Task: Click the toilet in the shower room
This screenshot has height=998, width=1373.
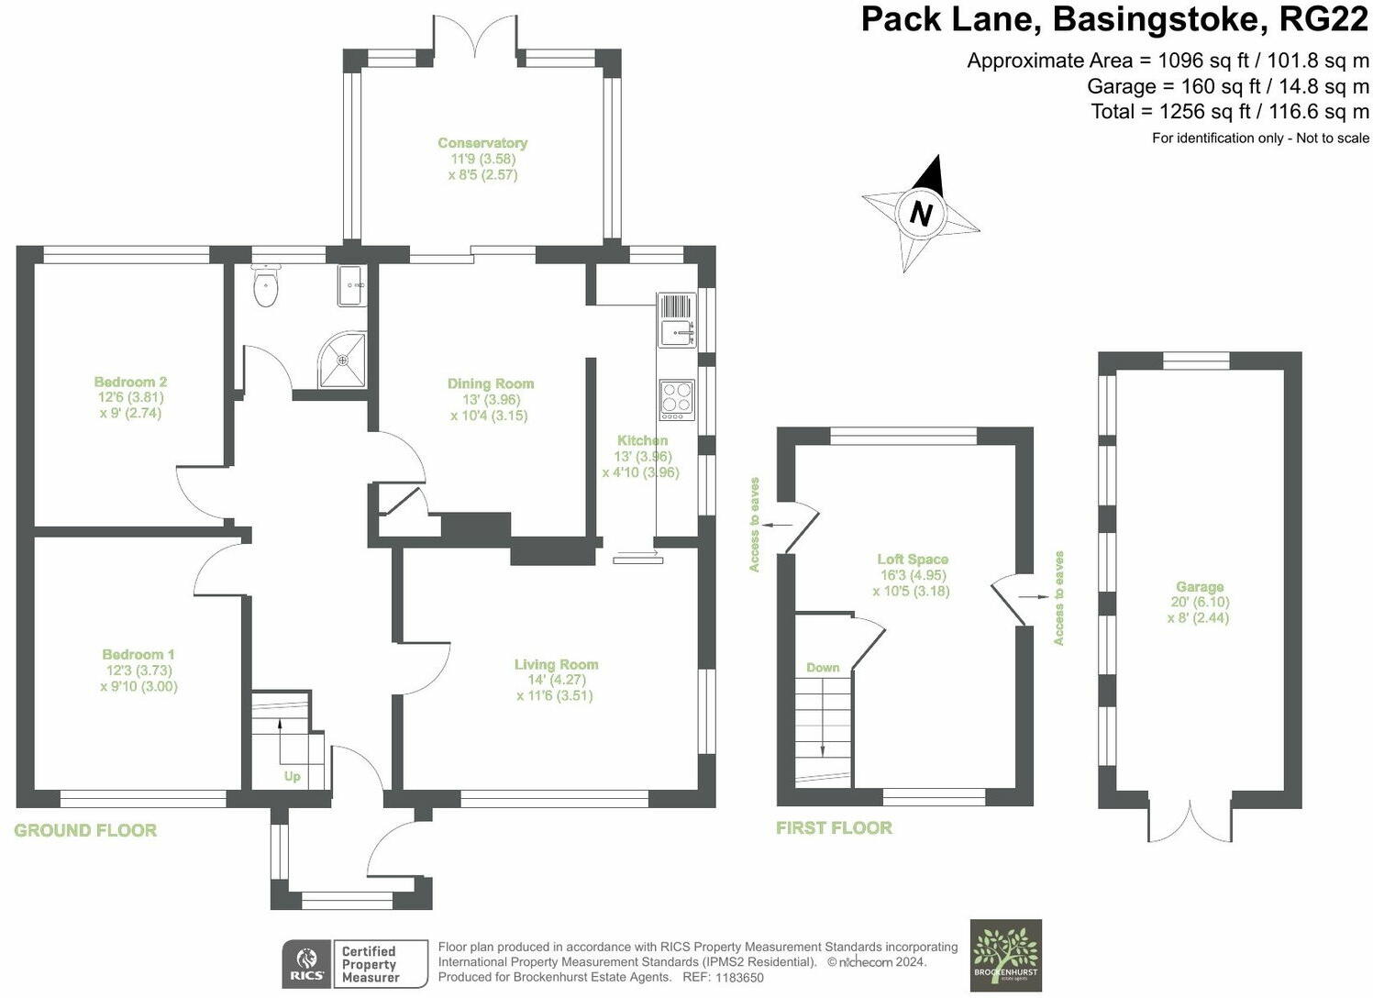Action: click(265, 287)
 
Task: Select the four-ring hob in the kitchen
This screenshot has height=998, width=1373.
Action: click(677, 399)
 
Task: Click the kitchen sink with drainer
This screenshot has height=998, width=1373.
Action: click(676, 319)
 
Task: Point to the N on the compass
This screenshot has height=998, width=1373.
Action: click(920, 214)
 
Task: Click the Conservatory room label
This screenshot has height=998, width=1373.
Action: click(482, 143)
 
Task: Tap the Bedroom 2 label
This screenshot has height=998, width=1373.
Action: click(130, 382)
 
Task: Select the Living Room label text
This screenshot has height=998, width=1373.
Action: click(556, 664)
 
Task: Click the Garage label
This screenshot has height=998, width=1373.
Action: click(1200, 587)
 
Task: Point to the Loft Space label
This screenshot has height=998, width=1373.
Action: click(913, 559)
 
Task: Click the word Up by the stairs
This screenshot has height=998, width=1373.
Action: click(292, 776)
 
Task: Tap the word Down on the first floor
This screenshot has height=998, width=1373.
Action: click(823, 667)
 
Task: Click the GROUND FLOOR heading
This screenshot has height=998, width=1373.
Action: click(85, 830)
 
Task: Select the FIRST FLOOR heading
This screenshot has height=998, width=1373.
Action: click(834, 827)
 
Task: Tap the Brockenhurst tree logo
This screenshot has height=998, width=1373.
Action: click(1006, 955)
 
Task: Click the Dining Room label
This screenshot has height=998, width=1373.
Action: click(491, 383)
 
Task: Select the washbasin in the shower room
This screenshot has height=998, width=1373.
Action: click(352, 285)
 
